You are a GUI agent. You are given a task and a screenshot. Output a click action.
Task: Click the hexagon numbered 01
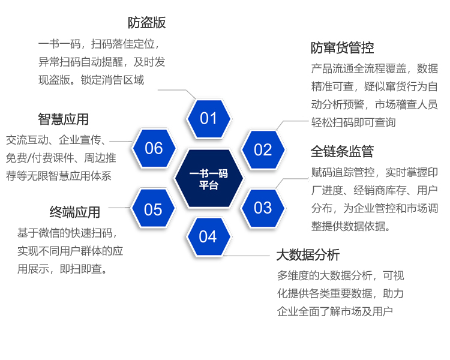pos(208,119)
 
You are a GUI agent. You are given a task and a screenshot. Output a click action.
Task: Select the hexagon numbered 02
pos(263,149)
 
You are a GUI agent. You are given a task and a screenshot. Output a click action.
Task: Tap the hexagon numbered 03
pos(263,208)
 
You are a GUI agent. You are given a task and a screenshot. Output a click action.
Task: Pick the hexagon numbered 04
pos(208,236)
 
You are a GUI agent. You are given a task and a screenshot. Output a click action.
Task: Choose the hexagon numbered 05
pos(153,208)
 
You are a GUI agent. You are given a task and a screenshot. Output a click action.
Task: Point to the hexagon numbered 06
pos(154,148)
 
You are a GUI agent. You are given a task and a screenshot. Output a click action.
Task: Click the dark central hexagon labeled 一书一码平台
pos(209,178)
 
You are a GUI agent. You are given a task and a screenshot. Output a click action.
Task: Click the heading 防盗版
pos(146,23)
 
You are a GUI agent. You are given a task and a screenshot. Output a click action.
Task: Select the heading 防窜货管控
pos(342,47)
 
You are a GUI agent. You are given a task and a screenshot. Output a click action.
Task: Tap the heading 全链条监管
pos(342,151)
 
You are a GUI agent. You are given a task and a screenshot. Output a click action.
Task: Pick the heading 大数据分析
pos(308,254)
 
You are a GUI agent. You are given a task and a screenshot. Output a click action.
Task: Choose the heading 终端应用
pos(74,212)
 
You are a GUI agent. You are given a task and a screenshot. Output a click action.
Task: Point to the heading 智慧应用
pos(63,119)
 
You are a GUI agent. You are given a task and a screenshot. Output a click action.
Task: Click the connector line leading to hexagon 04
pos(247,256)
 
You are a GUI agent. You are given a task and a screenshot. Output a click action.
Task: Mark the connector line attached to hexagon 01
pos(177,94)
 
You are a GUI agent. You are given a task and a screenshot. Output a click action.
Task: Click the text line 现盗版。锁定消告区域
pos(91,80)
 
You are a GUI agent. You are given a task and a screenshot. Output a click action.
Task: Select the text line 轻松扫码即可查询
pos(353,122)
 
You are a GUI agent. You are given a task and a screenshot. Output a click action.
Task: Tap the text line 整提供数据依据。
pos(351,226)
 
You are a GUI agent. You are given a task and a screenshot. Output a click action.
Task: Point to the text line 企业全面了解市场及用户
pos(335,311)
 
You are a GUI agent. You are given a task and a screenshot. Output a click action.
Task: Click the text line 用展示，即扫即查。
pos(62,269)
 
